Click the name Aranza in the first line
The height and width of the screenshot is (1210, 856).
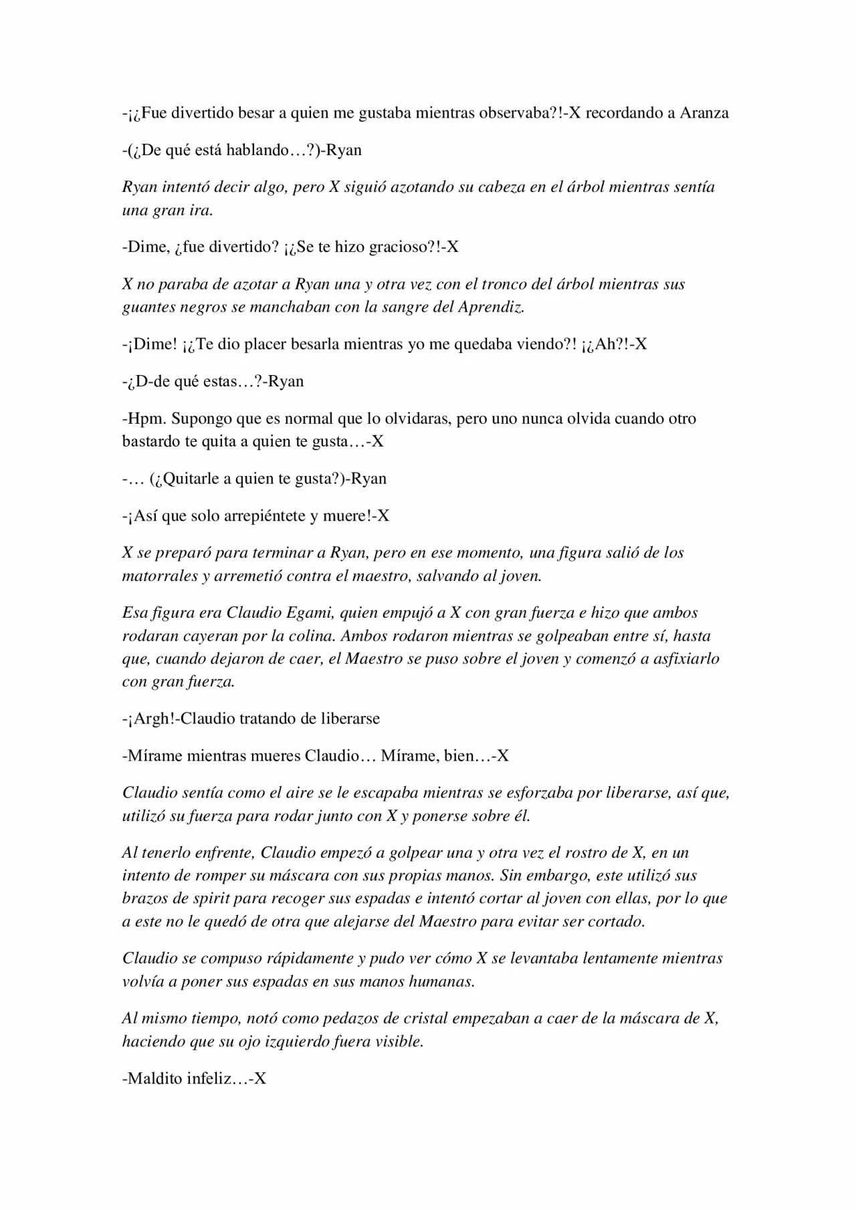click(x=704, y=112)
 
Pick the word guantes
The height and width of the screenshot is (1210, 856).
click(x=148, y=307)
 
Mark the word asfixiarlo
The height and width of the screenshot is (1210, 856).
click(x=681, y=658)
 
